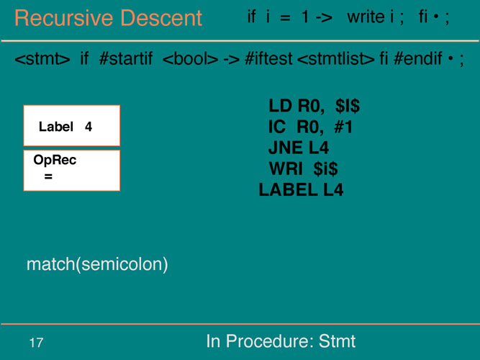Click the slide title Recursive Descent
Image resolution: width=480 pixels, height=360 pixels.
point(108,18)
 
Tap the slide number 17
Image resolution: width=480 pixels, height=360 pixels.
point(36,343)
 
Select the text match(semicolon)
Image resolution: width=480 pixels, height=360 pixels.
point(97,264)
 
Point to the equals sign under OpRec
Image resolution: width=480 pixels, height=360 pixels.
point(48,176)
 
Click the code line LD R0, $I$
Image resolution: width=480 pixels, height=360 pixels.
point(314,106)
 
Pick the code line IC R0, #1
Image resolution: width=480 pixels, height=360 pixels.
point(310,127)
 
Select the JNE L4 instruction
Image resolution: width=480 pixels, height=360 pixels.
point(299,148)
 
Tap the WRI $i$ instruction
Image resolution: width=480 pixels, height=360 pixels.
point(304,168)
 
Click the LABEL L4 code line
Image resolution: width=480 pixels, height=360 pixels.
point(301,189)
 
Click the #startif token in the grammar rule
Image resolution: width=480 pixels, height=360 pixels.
point(126,58)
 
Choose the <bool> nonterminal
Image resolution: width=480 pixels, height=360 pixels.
point(190,58)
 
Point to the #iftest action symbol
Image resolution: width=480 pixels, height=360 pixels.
point(268,58)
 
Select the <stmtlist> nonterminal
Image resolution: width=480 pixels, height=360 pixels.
point(336,58)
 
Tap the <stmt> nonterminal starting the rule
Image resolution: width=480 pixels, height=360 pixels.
point(42,58)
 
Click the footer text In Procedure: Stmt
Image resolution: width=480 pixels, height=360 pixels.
point(281,341)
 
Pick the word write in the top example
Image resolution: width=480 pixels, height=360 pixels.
point(366,17)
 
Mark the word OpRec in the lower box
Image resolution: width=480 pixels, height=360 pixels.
point(55,160)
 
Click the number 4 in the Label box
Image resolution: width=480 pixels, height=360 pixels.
point(89,127)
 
